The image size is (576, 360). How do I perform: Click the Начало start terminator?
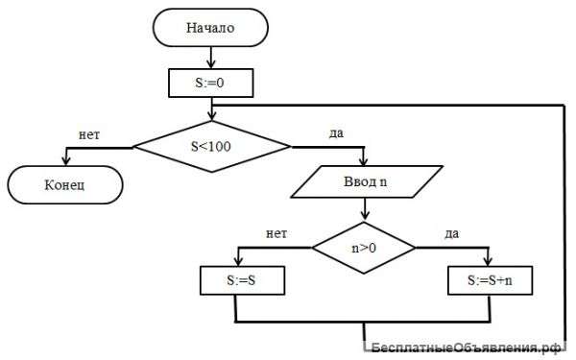coord(210,28)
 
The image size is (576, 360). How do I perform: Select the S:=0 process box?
coord(211,83)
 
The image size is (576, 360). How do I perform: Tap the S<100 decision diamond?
coord(212,147)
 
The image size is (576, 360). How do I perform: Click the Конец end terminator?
coord(65,184)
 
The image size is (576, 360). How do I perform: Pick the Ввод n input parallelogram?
coord(367,181)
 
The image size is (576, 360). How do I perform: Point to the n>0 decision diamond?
coord(364,248)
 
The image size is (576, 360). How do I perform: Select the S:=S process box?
coord(243,280)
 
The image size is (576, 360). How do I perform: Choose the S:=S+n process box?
coord(490,280)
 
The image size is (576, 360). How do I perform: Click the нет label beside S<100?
coord(89,134)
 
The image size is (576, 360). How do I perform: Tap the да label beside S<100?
coord(336,133)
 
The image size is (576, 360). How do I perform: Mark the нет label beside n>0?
coord(276,233)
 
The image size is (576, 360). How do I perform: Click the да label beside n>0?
coord(451,233)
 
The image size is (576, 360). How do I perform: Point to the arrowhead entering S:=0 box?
coord(211,64)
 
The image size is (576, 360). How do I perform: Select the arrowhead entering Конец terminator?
coord(66,161)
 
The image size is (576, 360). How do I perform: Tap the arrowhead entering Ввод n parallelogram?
coord(363,161)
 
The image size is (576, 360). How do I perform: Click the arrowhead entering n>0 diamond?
coord(365,215)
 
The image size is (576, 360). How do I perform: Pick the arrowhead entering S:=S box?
coord(238,261)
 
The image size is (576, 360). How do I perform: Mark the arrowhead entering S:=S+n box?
coord(488,261)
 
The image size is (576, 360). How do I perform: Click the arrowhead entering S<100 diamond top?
coord(212,116)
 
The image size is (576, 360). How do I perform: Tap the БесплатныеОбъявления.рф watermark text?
coord(467,348)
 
